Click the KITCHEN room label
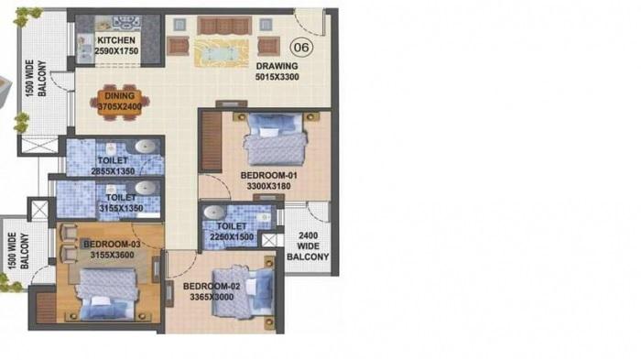pyautogui.click(x=116, y=40)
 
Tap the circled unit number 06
pyautogui.click(x=299, y=47)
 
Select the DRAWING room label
pyautogui.click(x=276, y=67)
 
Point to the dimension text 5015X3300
pyautogui.click(x=276, y=78)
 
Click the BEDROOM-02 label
pyautogui.click(x=197, y=286)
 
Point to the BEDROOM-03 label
pyautogui.click(x=110, y=244)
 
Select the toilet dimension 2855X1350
pyautogui.click(x=114, y=170)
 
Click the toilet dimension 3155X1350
pyautogui.click(x=121, y=208)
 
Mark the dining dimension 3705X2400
pyautogui.click(x=119, y=105)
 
